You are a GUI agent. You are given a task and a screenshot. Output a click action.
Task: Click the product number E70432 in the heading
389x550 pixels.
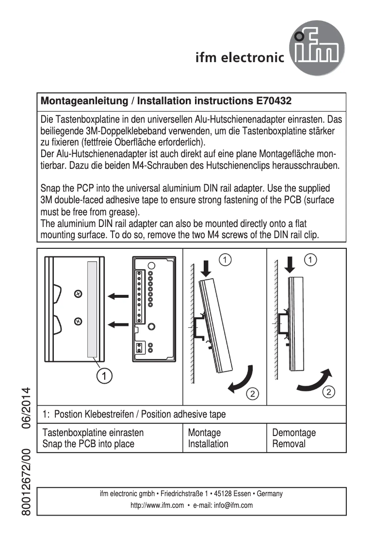274,101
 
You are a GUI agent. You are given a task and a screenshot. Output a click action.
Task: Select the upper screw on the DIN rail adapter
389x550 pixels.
78,293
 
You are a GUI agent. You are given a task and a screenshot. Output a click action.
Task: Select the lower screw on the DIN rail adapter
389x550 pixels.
78,321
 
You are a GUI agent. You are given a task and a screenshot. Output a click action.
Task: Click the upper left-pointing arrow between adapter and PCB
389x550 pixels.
118,296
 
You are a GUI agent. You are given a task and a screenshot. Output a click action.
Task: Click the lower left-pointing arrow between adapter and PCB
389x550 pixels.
118,324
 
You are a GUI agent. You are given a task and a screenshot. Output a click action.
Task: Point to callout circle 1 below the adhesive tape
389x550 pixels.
105,375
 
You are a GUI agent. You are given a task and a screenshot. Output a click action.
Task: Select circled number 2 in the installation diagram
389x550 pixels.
252,393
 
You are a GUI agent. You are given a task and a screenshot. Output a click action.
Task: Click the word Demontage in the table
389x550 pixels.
294,433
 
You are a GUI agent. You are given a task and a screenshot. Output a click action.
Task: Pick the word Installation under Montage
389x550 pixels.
208,444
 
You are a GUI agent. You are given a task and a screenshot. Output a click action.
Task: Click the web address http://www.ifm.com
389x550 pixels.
157,505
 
